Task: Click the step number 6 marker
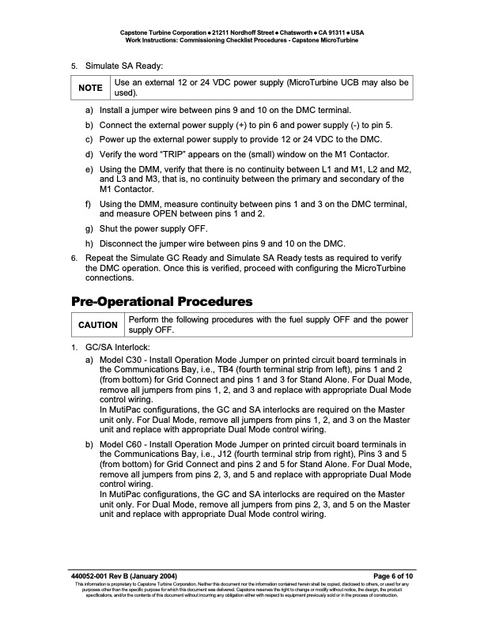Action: pyautogui.click(x=74, y=258)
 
